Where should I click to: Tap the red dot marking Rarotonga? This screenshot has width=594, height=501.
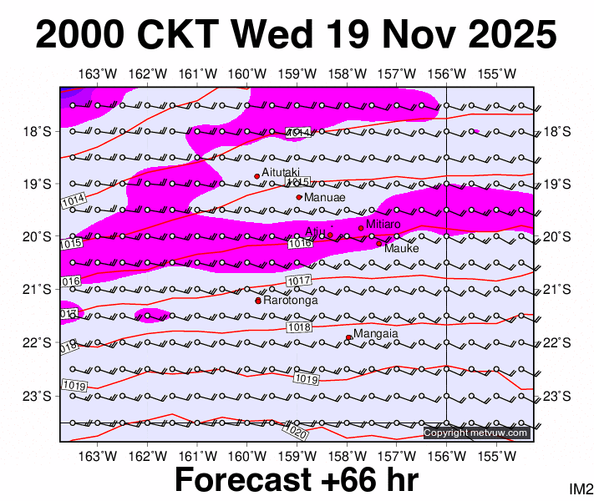click(258, 301)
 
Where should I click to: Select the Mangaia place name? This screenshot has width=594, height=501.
click(375, 333)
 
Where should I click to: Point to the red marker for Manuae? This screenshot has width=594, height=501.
click(299, 197)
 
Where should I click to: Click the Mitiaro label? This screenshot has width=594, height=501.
click(384, 224)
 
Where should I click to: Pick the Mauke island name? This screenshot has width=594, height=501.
click(401, 248)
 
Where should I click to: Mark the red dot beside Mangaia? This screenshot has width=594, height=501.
click(348, 337)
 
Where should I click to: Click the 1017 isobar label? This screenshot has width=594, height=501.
click(298, 280)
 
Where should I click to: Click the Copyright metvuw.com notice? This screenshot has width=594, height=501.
click(476, 433)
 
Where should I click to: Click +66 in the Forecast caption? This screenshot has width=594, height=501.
click(336, 481)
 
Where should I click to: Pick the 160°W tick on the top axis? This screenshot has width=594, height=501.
click(252, 73)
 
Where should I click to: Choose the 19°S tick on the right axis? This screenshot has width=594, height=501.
click(556, 184)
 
